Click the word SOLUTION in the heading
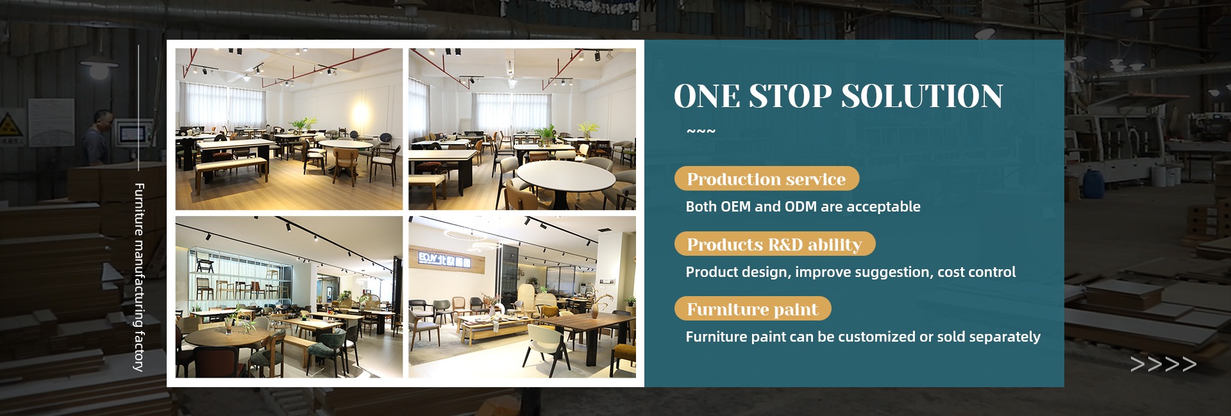tap(922, 96)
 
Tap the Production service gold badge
tap(766, 179)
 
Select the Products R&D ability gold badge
tap(775, 244)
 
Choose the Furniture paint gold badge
tap(753, 309)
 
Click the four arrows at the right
tap(1163, 365)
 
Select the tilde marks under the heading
tap(701, 132)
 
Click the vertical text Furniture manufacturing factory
tap(138, 277)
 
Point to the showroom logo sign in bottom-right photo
tap(444, 258)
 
